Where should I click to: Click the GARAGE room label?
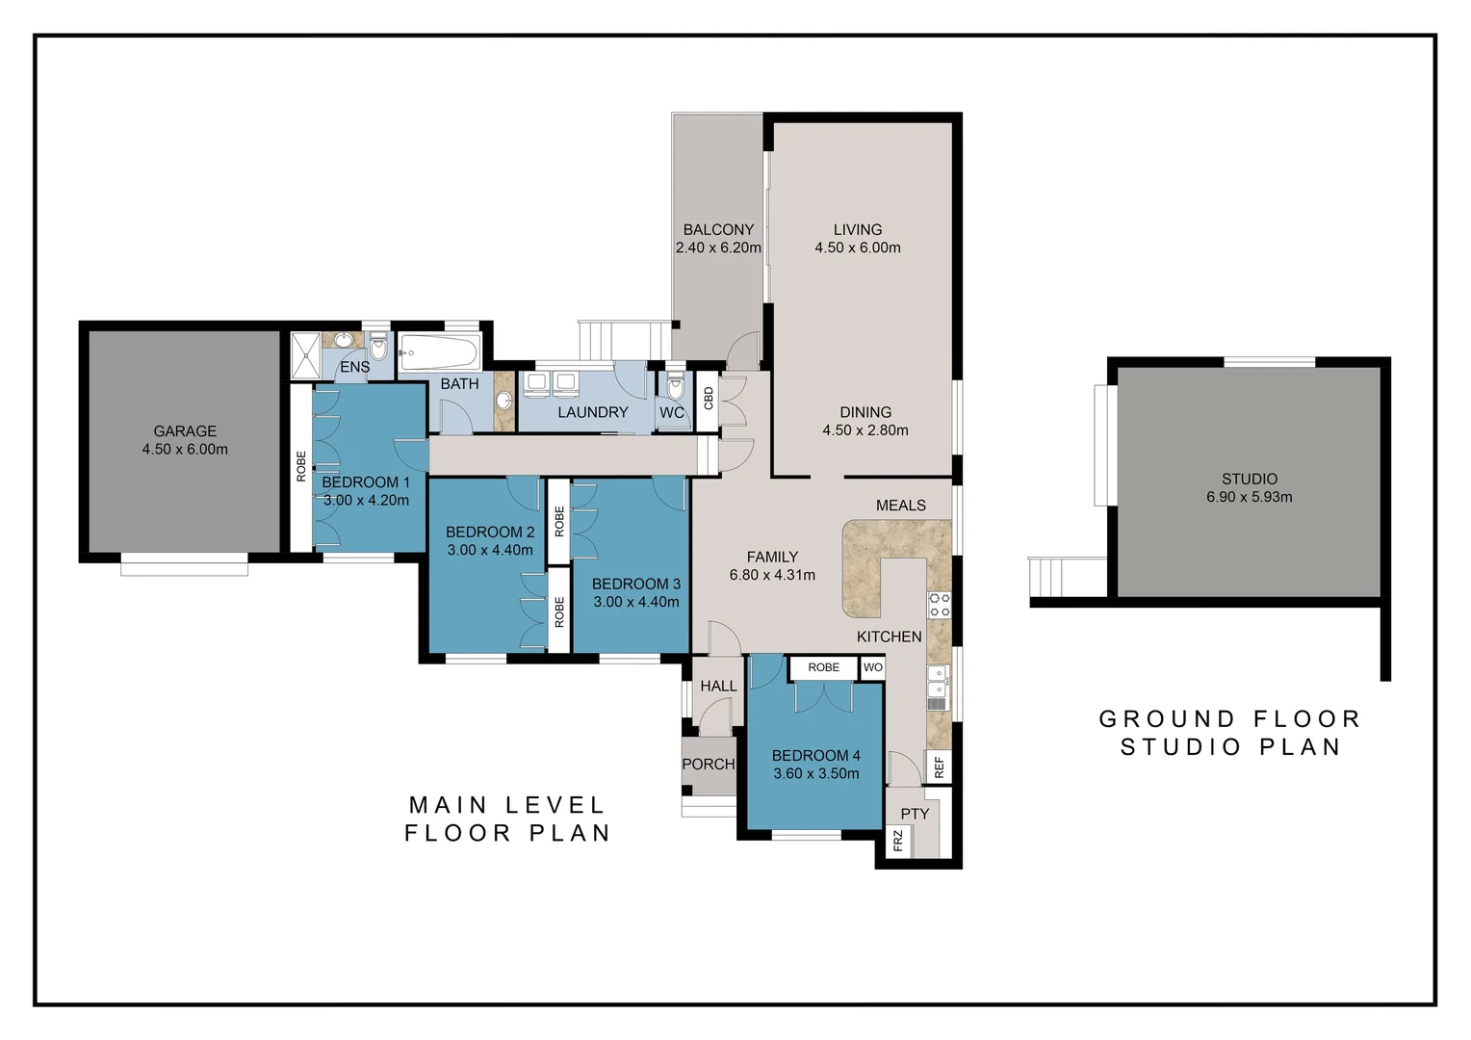click(185, 431)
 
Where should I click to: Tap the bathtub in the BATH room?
click(437, 353)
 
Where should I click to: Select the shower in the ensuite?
click(305, 355)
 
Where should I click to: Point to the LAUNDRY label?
click(592, 412)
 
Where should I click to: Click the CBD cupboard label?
click(708, 398)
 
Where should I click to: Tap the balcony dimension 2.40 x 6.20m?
click(718, 247)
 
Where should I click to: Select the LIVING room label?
click(857, 229)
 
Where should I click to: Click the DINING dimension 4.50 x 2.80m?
click(865, 430)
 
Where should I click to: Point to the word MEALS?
click(900, 506)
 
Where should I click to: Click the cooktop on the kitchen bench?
click(939, 605)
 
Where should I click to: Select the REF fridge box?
click(939, 767)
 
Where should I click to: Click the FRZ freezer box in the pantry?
click(897, 841)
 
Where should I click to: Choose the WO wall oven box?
click(872, 667)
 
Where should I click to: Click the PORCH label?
click(708, 765)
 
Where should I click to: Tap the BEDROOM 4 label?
click(815, 756)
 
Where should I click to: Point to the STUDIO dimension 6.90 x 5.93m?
click(1249, 498)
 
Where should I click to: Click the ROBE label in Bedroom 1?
click(301, 467)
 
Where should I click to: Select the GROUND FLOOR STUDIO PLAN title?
click(1229, 733)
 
